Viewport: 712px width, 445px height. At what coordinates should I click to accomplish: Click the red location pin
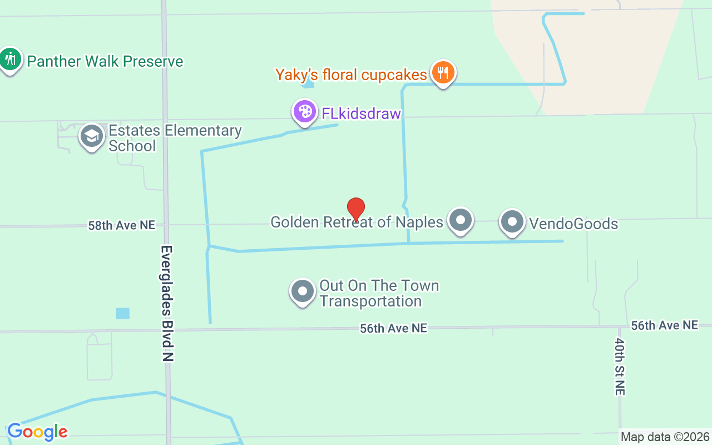point(356,209)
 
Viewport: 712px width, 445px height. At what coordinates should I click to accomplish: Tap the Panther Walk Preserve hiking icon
point(9,59)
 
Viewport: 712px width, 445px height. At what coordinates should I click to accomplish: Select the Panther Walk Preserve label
point(105,61)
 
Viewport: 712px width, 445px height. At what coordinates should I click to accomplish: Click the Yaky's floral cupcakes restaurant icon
point(443,72)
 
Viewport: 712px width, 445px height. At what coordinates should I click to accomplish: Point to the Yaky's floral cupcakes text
point(351,75)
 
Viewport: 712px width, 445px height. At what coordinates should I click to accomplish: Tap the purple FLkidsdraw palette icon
point(305,111)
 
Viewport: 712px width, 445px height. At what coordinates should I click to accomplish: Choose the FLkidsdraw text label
point(361,113)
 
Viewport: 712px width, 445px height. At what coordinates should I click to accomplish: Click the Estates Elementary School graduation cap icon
point(92,136)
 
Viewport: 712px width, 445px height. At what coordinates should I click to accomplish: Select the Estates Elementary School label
point(175,138)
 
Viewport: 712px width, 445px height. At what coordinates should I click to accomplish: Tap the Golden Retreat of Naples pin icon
point(461,220)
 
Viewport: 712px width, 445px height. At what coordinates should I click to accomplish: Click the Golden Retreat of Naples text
point(357,222)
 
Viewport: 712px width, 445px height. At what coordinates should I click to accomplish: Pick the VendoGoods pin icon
point(512,222)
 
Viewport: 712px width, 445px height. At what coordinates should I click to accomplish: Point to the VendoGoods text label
point(573,224)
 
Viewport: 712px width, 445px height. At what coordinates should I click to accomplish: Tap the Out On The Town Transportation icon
point(303,291)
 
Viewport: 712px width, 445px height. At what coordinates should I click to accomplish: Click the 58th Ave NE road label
point(122,225)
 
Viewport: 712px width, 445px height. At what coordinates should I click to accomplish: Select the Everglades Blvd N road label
point(167,303)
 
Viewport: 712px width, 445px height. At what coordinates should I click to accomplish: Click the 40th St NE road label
point(620,367)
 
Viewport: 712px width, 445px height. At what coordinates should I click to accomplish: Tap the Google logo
point(37,432)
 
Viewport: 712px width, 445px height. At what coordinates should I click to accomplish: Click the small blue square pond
point(122,313)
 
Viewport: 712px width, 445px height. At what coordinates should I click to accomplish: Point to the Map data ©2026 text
point(665,437)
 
